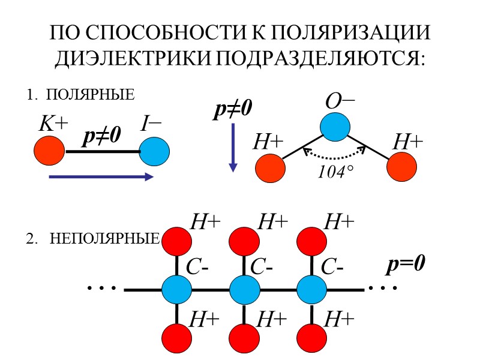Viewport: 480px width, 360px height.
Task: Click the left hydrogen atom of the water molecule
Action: click(x=271, y=169)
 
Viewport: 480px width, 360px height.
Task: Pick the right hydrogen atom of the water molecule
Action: click(x=401, y=167)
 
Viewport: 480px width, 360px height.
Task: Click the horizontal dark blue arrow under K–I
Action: click(x=101, y=176)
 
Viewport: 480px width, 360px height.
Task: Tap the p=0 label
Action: click(x=406, y=265)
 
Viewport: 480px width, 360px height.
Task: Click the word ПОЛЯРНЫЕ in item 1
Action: click(x=89, y=95)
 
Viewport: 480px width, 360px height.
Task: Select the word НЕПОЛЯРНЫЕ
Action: click(x=105, y=239)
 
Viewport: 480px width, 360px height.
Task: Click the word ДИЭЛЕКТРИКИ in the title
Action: click(x=132, y=58)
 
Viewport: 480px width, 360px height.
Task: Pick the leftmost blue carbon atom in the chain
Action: click(x=177, y=290)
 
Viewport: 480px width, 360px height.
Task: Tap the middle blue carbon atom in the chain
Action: click(x=244, y=290)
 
